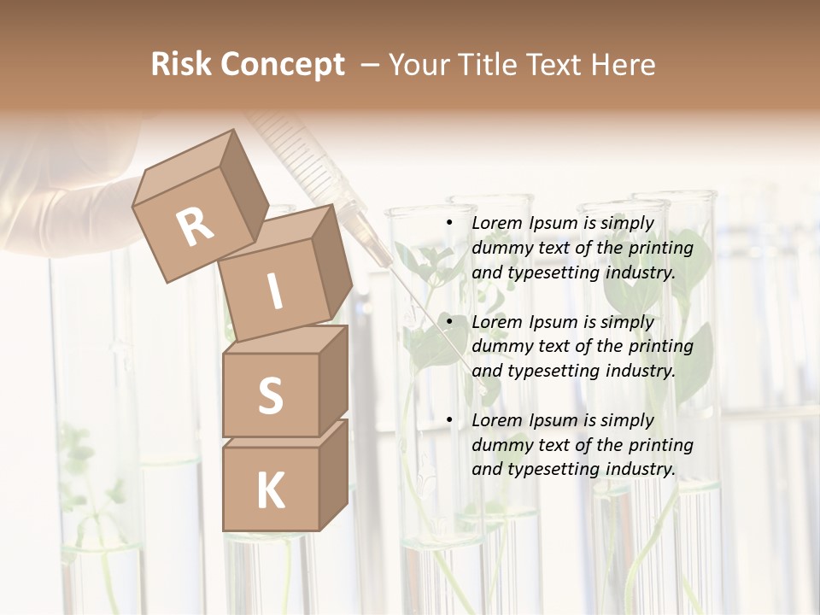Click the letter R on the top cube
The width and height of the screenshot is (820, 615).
click(x=195, y=226)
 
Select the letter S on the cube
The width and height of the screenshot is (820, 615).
click(x=270, y=395)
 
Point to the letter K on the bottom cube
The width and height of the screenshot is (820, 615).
click(x=270, y=490)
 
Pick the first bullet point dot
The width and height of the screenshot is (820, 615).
click(x=450, y=224)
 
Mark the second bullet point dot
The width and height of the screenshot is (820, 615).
click(x=450, y=322)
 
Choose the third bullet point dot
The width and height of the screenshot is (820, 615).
click(x=450, y=420)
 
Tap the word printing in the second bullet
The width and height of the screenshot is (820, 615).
click(x=660, y=347)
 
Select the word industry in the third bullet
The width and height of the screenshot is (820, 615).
click(x=640, y=469)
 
